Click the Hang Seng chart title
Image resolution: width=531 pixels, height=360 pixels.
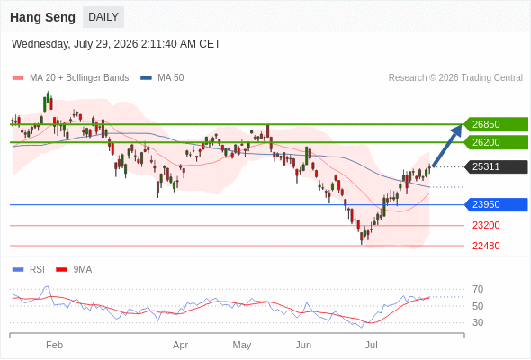(x=42, y=17)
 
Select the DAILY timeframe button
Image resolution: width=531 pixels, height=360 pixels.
(x=103, y=17)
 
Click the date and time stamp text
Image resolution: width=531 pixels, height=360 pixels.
(x=116, y=44)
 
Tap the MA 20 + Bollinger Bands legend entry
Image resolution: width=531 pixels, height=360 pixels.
(x=70, y=78)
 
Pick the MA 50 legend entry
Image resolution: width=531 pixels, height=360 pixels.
(x=162, y=78)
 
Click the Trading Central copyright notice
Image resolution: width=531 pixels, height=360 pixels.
(x=455, y=78)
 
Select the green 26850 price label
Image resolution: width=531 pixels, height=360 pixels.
(x=496, y=124)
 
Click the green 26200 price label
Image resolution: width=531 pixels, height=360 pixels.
(x=496, y=142)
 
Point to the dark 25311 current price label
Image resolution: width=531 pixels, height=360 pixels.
(x=496, y=166)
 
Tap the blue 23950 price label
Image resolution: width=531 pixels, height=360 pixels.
(x=496, y=204)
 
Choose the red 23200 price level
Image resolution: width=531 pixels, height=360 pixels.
(x=486, y=225)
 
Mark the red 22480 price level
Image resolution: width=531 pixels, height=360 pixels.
(x=486, y=246)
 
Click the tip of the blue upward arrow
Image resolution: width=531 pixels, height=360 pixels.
(x=462, y=125)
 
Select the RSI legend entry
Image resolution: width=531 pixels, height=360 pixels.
(x=29, y=270)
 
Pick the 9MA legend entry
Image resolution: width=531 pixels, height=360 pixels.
(x=74, y=270)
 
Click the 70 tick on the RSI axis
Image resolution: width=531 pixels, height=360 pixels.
(x=478, y=289)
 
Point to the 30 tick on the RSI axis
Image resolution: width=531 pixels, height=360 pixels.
(x=478, y=322)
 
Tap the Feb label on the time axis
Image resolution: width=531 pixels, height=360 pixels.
(x=55, y=345)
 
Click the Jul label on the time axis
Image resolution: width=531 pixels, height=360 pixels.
(x=372, y=345)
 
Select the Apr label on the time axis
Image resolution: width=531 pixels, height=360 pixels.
(x=181, y=345)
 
